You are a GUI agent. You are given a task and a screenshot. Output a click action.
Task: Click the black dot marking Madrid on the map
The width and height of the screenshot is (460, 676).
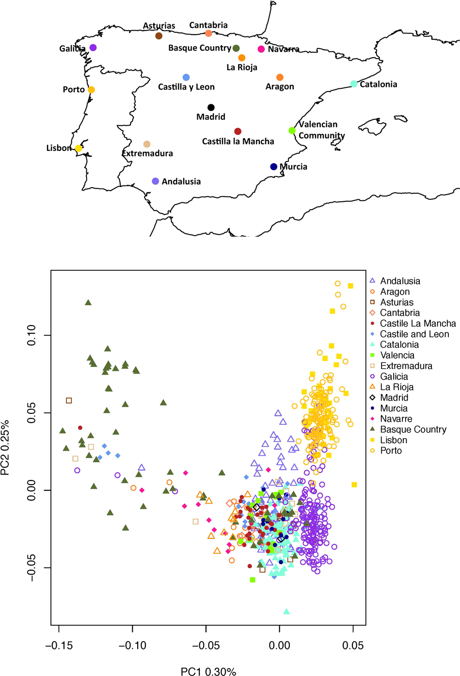[211, 107]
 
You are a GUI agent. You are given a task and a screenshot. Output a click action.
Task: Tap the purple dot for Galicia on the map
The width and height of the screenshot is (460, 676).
[93, 48]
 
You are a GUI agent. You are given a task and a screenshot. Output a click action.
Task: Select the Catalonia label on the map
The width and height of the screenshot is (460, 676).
[378, 84]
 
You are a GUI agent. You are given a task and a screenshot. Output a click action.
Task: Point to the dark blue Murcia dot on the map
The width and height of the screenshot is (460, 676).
[274, 167]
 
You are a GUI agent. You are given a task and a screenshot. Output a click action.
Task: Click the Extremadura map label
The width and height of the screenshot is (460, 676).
[147, 153]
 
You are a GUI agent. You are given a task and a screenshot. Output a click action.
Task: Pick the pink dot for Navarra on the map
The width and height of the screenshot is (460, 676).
[261, 49]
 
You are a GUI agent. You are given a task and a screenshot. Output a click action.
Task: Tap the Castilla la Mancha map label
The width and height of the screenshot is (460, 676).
[238, 142]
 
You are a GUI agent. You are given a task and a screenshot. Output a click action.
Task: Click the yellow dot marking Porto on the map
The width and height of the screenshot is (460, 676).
[91, 90]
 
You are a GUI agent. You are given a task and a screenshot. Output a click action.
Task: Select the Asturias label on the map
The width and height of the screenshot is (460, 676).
[159, 26]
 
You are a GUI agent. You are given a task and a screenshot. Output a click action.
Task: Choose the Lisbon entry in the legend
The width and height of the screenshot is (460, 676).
[393, 440]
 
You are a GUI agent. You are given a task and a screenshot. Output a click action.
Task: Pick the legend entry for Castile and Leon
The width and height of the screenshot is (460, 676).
[414, 334]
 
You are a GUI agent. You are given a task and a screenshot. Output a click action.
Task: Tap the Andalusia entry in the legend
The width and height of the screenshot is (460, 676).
[400, 281]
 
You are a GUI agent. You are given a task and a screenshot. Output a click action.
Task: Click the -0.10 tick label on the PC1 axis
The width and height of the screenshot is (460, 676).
[132, 645]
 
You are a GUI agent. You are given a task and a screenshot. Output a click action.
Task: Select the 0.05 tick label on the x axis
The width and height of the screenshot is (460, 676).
[353, 645]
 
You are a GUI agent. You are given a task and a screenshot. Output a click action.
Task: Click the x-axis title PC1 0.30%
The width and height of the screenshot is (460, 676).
[208, 672]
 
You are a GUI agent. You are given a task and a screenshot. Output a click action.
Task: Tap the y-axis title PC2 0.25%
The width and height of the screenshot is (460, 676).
[6, 447]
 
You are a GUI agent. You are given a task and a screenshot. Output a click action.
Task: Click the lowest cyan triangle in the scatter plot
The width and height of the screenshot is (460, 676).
[286, 611]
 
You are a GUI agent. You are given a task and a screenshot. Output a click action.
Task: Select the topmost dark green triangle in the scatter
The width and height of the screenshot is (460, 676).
[88, 302]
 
